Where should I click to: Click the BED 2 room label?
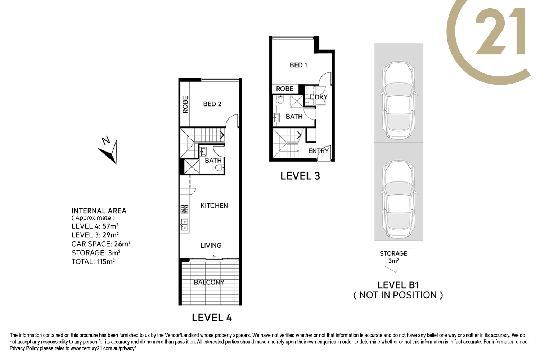point(212,104)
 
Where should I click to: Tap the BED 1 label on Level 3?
point(298,65)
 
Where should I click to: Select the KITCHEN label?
point(214,206)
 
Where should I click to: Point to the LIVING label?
point(211,246)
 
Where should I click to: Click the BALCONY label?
point(209,282)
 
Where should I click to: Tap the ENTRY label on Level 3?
point(319,151)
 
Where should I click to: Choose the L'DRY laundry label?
point(319,97)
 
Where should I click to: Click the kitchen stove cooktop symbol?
point(184,209)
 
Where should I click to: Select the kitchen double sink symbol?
point(184,225)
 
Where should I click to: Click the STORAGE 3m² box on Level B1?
point(394,257)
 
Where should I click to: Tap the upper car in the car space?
point(399,100)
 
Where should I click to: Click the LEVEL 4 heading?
point(212,318)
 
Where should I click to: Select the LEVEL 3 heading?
point(300,176)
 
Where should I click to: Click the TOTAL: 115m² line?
point(93,261)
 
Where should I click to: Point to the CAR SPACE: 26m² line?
point(101,244)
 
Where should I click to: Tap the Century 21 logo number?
point(500,31)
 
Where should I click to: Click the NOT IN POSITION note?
point(398,295)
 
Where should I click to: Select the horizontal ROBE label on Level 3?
point(285,89)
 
